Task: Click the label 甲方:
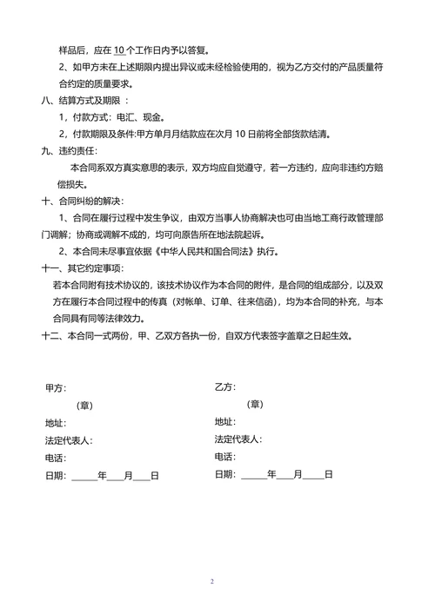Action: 56,388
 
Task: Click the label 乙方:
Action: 225,386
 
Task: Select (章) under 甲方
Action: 84,405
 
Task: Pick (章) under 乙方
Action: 254,404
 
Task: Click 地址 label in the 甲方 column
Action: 56,423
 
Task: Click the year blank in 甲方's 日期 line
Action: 84,477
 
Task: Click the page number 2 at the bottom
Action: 211,581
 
